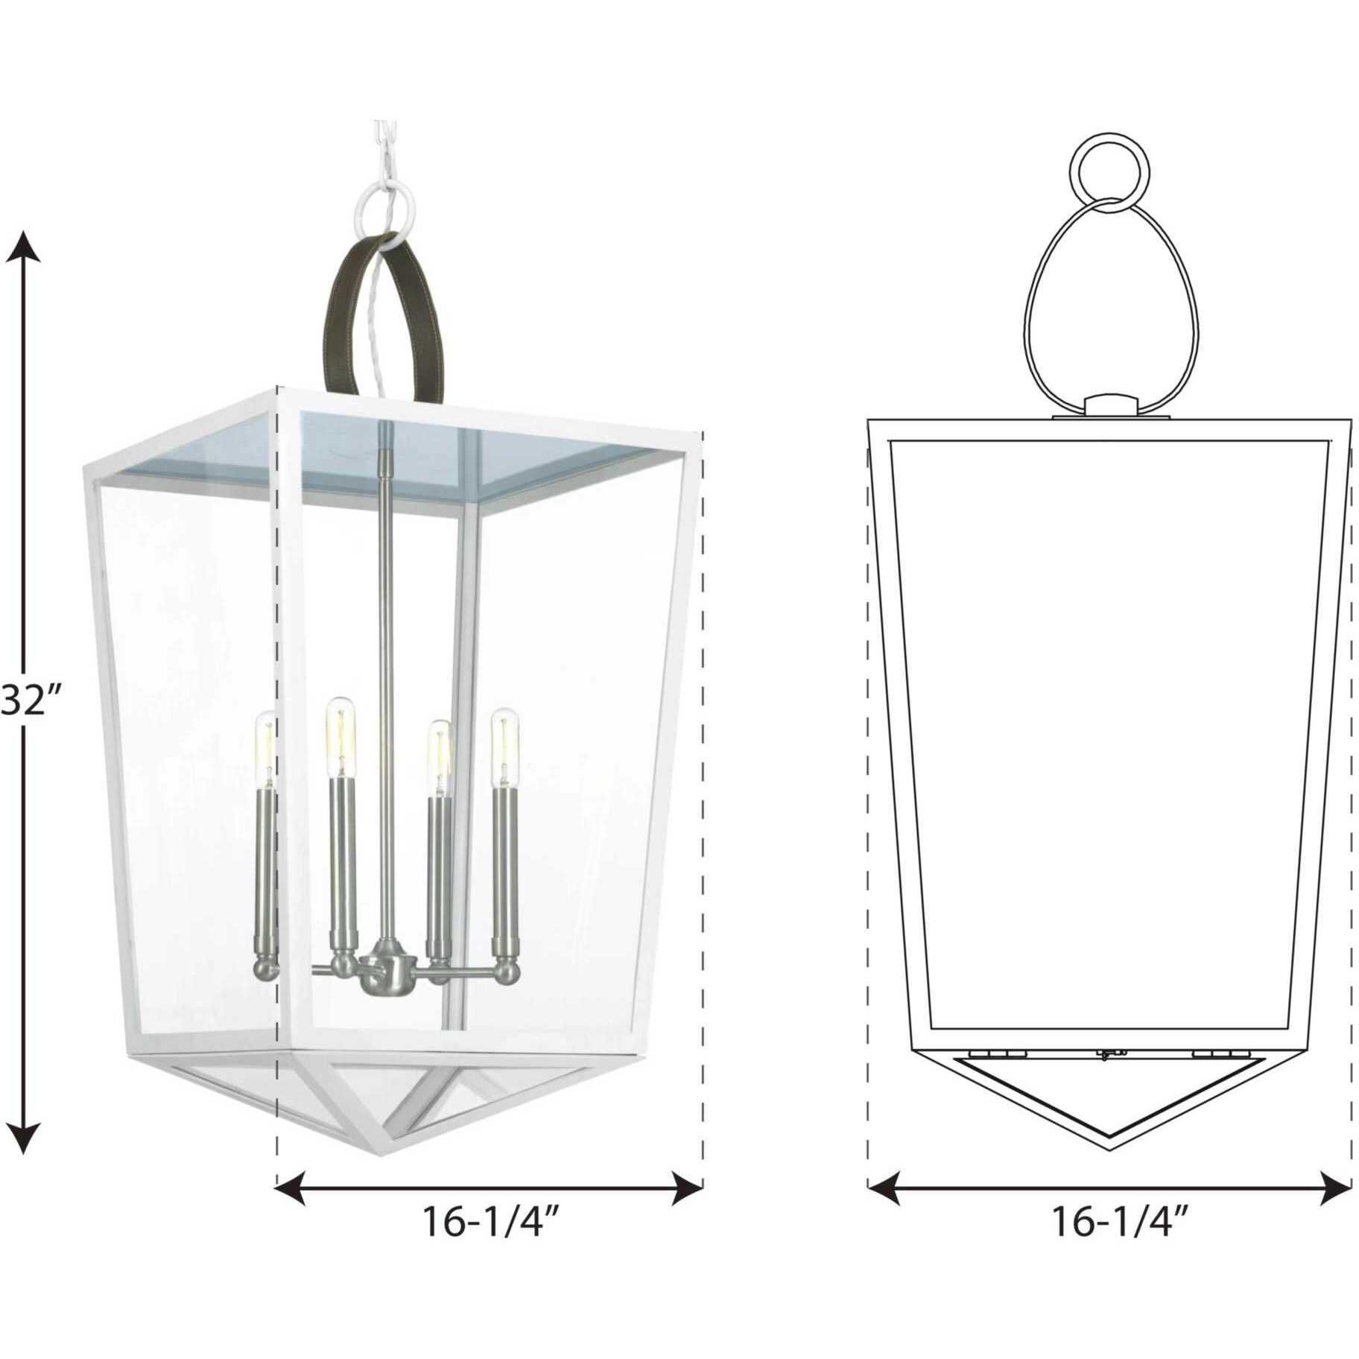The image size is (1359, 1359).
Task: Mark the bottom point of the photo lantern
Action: click(384, 1153)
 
